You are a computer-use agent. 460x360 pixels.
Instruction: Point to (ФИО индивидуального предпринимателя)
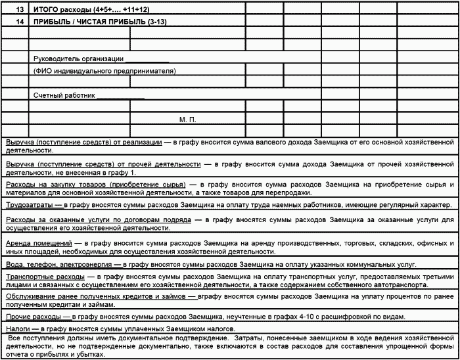click(104, 70)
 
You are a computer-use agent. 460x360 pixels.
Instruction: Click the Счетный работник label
click(64, 95)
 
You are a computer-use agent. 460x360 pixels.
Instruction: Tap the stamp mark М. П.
click(188, 120)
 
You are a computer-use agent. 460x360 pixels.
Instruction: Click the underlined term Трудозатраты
click(31, 205)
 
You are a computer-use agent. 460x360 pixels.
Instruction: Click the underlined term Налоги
click(19, 328)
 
